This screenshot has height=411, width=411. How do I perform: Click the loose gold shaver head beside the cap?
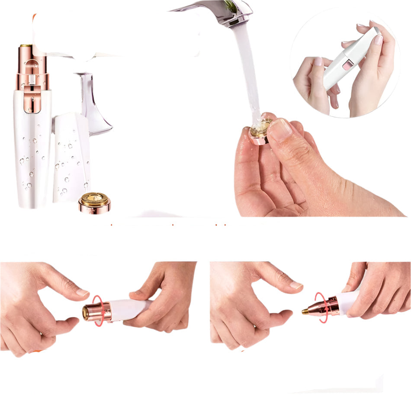[x=94, y=202]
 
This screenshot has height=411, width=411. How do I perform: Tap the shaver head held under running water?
[x=260, y=129]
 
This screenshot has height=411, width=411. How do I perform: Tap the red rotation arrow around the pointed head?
[x=321, y=307]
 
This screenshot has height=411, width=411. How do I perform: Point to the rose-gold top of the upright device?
[x=32, y=69]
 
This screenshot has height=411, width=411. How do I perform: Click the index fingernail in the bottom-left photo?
[x=82, y=292]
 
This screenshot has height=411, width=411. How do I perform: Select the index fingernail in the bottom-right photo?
[x=296, y=285]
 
